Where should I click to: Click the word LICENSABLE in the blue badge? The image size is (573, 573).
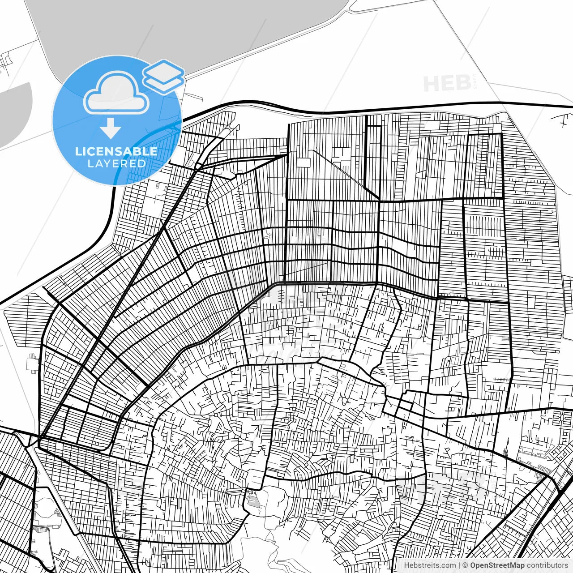tap(116, 151)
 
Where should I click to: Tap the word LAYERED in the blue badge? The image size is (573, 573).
tap(116, 163)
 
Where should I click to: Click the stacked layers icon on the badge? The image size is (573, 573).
tap(163, 76)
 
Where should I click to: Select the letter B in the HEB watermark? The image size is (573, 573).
tap(463, 84)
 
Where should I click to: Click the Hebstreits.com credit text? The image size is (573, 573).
tap(430, 565)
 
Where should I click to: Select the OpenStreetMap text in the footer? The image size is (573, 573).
tap(497, 565)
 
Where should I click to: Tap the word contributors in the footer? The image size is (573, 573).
tap(547, 565)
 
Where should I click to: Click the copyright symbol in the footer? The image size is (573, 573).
tap(465, 565)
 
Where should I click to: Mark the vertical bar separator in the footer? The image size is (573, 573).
tap(459, 565)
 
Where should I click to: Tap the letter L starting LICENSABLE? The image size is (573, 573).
tap(78, 151)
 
